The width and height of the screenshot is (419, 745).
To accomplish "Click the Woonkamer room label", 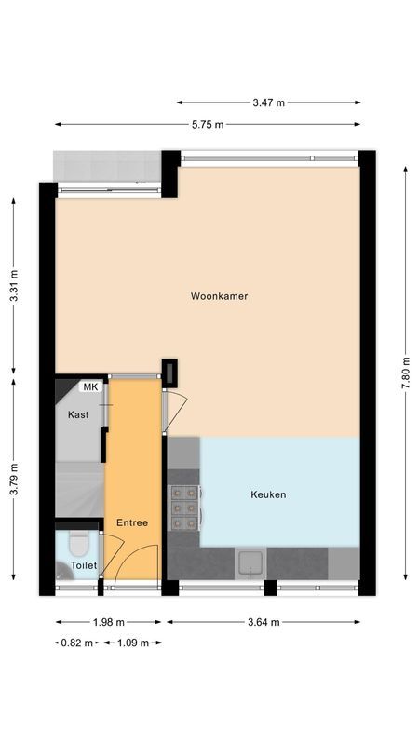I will (x=219, y=296).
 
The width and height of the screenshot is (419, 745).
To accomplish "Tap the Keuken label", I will (x=268, y=494).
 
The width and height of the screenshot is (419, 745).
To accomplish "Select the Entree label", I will (x=132, y=522).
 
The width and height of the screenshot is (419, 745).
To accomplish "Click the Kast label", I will (x=78, y=414).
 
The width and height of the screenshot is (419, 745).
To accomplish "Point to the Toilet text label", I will (x=84, y=565).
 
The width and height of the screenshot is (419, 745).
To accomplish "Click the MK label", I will (x=90, y=386).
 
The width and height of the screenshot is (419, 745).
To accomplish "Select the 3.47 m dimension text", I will (x=268, y=102).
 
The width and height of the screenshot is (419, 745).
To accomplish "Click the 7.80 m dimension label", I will (x=406, y=372).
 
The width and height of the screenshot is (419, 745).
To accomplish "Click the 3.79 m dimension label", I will (x=13, y=480).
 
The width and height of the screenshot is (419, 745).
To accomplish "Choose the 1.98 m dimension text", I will (x=109, y=622).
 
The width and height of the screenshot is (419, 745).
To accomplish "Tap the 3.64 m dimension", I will (x=264, y=622).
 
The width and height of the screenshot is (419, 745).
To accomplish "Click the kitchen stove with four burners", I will (x=183, y=508).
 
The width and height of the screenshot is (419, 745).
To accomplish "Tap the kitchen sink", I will (x=251, y=562).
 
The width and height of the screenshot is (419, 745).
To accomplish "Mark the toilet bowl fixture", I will (x=78, y=543).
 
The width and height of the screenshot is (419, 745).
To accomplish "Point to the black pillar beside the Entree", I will (x=171, y=372).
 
